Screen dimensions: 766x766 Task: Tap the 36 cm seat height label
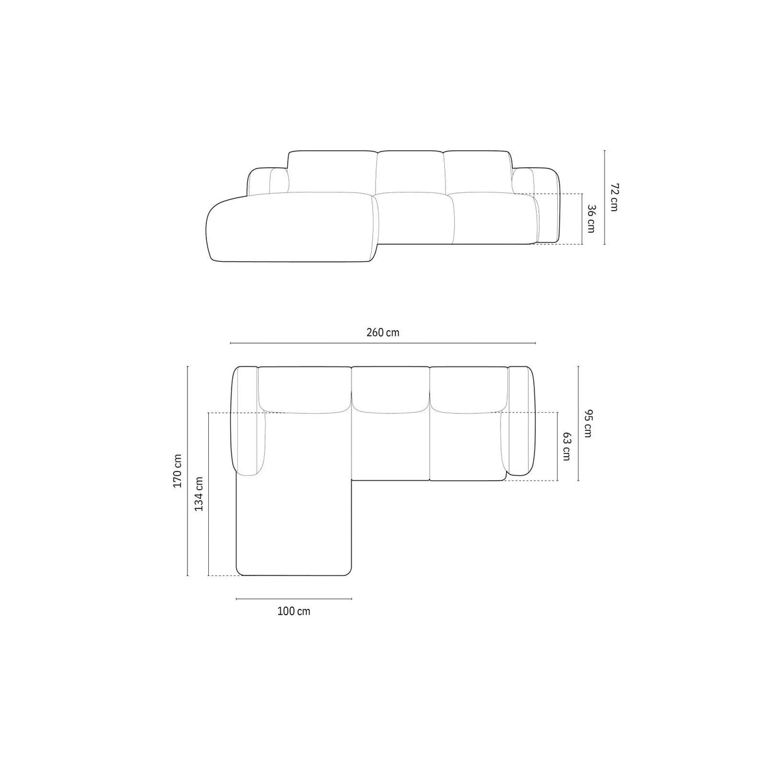[591, 218]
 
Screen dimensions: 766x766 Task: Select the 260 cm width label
[383, 333]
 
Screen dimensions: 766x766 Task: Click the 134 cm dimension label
[199, 493]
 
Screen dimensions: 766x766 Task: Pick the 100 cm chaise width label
[294, 611]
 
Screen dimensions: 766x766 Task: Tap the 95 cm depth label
[587, 423]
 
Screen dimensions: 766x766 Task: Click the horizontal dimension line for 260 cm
[383, 343]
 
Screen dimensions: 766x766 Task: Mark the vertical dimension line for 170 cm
[188, 471]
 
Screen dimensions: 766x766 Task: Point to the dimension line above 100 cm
[294, 598]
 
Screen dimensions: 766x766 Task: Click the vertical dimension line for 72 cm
[604, 197]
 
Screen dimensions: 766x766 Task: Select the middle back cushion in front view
[411, 172]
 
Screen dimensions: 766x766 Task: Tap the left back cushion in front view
[333, 172]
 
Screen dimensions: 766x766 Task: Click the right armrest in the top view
[521, 420]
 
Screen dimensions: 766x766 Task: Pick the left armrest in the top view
[248, 420]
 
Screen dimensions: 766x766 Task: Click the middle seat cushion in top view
[391, 445]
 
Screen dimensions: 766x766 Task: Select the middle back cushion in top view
[391, 388]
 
